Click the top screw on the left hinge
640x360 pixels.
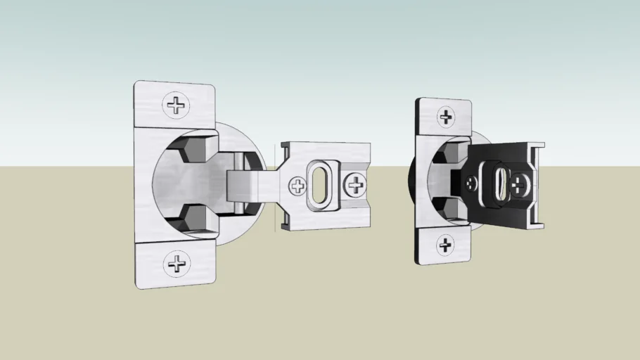coord(176,105)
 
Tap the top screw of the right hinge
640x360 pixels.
coord(445,117)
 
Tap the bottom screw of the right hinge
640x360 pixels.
coord(445,245)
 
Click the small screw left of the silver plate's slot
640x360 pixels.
coord(297,186)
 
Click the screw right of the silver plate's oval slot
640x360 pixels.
coord(354,186)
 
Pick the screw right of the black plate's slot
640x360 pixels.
coord(520,186)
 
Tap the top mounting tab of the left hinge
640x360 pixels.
coord(174,105)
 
